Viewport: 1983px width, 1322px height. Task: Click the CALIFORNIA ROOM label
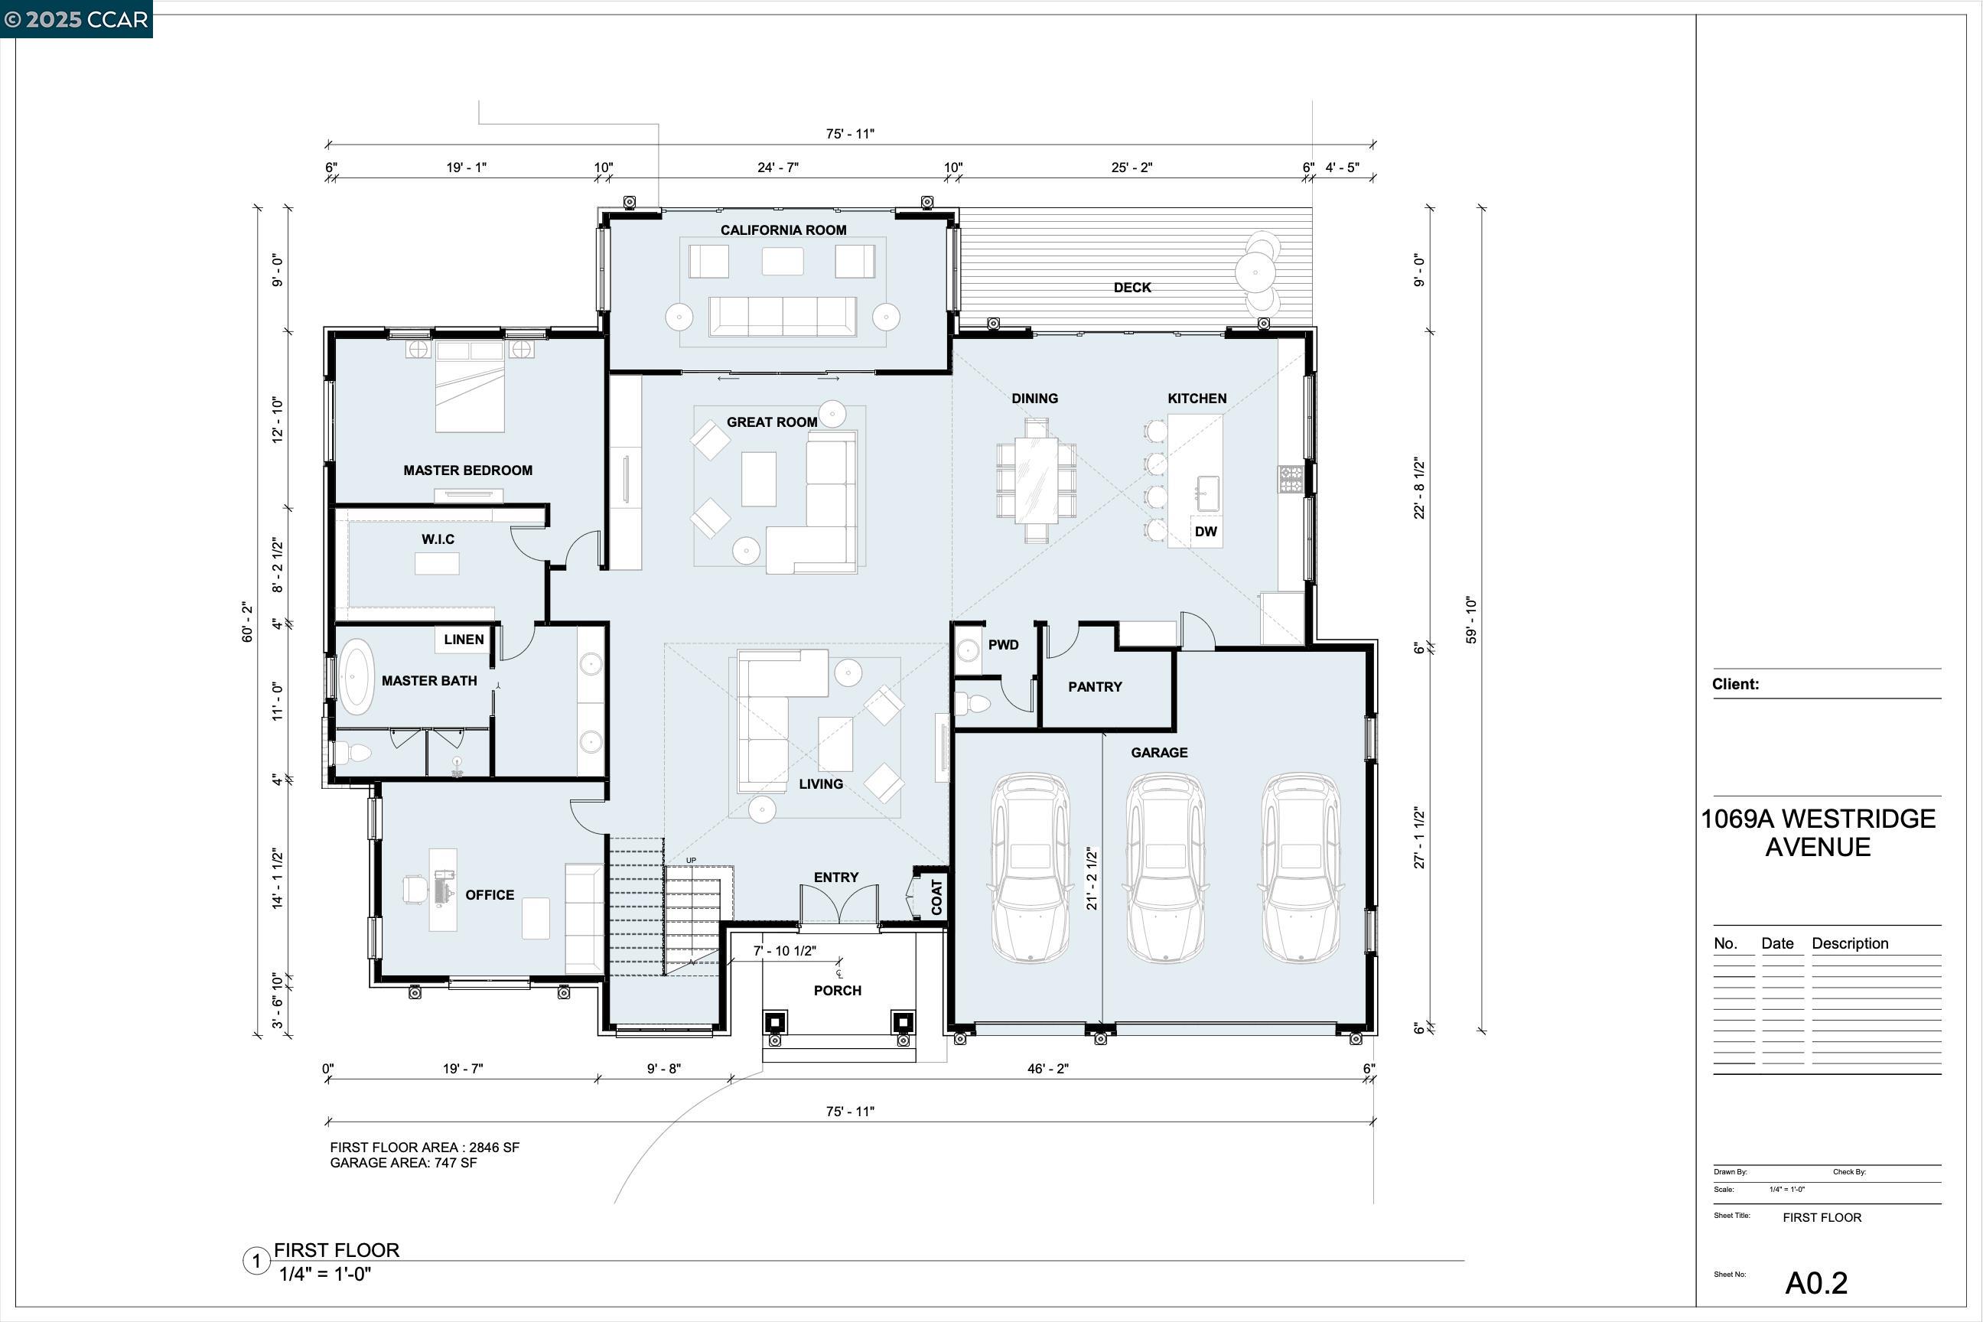tap(783, 230)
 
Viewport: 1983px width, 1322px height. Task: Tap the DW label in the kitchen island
tap(1206, 531)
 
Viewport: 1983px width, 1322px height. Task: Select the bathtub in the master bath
tap(356, 677)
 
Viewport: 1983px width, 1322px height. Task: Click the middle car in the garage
tap(1164, 868)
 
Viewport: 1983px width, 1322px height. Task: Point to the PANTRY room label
tap(1094, 687)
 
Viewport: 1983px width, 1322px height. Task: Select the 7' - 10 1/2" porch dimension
tap(784, 951)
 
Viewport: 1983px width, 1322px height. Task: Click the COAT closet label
tap(936, 898)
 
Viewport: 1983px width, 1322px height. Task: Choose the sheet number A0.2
tap(1815, 1282)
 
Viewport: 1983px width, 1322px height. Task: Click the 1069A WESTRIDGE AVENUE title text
tap(1818, 832)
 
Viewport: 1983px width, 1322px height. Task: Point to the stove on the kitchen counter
tap(1290, 479)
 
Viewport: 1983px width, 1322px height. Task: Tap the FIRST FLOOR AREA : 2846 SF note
tap(424, 1148)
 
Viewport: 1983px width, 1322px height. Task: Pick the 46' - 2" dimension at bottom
tap(1047, 1069)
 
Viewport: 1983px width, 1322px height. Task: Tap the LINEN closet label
tap(464, 639)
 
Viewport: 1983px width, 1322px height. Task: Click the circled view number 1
tap(256, 1262)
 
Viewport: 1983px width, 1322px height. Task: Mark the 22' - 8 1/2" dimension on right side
tap(1420, 488)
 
